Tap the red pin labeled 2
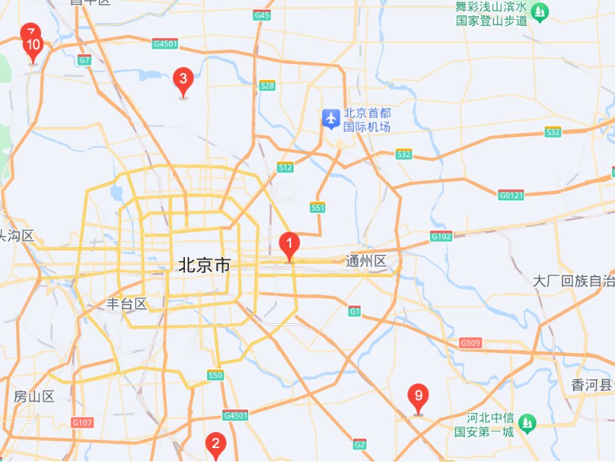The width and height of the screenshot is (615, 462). pos(215,443)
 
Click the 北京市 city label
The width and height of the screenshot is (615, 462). pos(204,265)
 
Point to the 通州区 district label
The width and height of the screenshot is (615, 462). pos(366,262)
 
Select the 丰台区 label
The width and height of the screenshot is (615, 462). pos(126,304)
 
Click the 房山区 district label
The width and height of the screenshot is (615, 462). pos(33,396)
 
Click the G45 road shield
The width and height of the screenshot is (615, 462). pos(262,15)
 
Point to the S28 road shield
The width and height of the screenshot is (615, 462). pos(267,86)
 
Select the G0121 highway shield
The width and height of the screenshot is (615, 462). pos(511,194)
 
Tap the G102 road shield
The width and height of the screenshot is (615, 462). pos(441,236)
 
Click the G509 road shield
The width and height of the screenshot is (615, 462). pos(471,343)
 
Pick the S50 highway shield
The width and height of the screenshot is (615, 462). pos(215,375)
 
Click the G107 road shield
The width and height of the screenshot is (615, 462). pos(82,422)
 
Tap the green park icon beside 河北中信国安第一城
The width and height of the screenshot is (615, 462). pos(528,422)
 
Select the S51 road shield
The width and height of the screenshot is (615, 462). pos(318,207)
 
